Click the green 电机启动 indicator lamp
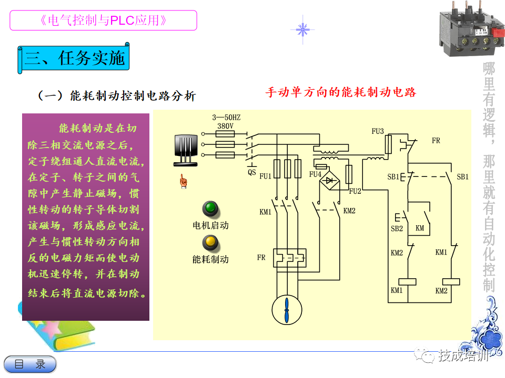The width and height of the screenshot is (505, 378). (211, 208)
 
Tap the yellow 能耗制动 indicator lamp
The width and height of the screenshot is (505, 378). (211, 242)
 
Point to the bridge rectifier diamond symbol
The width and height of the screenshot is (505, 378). (330, 180)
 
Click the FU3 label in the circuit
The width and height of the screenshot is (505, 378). (378, 131)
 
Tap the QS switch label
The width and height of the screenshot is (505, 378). (252, 171)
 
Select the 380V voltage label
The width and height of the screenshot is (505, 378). (226, 126)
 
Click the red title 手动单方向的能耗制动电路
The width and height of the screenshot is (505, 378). (341, 92)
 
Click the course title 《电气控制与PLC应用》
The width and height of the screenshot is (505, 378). (103, 20)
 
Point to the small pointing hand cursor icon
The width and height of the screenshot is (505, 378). (184, 182)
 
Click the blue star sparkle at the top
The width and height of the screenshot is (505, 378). (302, 29)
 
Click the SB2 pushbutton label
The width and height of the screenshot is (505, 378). (396, 228)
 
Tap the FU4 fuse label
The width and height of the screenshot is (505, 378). (315, 174)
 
